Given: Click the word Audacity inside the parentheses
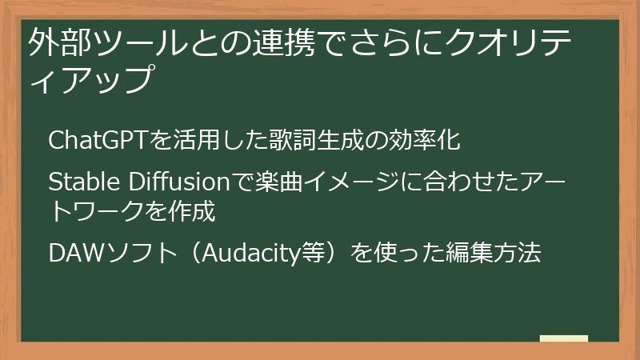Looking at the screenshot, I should click(244, 254).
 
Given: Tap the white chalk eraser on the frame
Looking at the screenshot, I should click(563, 339).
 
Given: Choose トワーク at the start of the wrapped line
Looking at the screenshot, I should click(97, 211).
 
